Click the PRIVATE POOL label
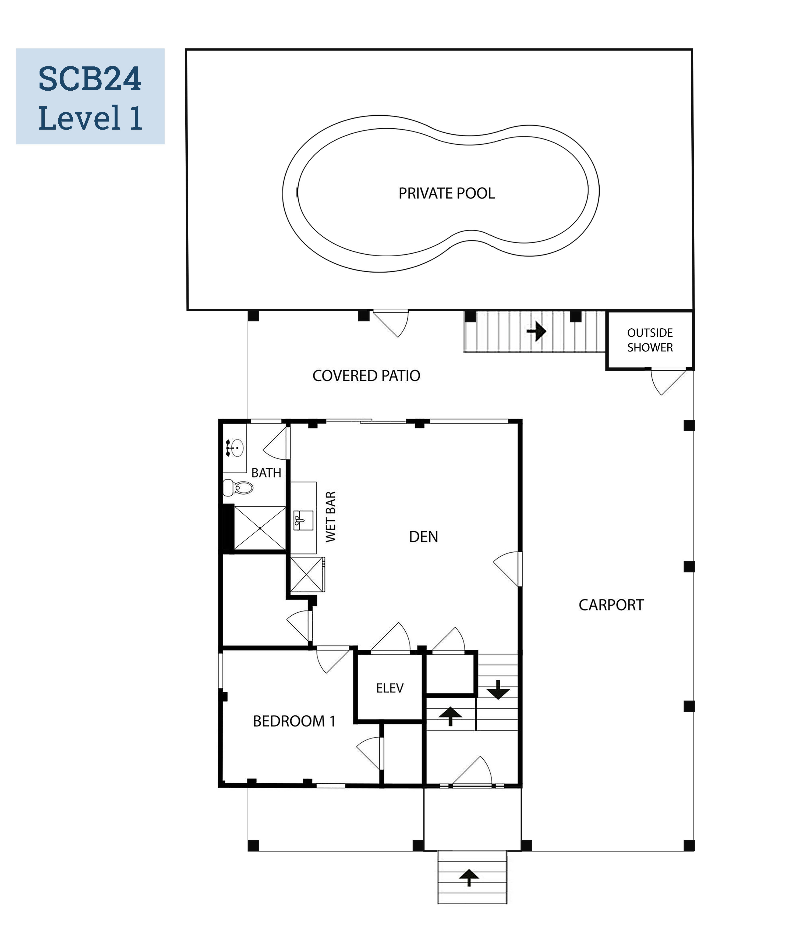(x=447, y=193)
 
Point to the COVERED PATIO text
(x=366, y=376)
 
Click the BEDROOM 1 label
(x=294, y=721)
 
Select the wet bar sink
(x=303, y=520)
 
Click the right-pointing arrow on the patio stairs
(x=536, y=331)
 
